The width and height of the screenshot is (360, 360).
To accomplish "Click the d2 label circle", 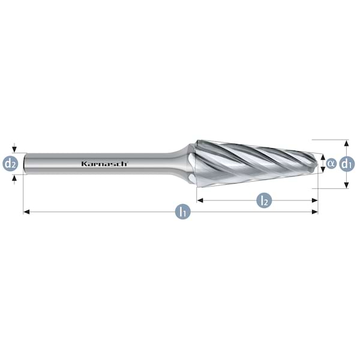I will click(x=10, y=163).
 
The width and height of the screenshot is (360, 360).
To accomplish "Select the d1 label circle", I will click(x=346, y=163).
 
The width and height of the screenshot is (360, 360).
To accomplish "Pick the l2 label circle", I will click(x=263, y=200).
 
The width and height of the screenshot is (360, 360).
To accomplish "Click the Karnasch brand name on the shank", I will click(x=103, y=163).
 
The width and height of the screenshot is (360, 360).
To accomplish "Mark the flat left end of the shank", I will click(x=24, y=163).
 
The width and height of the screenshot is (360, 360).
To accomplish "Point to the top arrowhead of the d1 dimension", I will click(x=346, y=143).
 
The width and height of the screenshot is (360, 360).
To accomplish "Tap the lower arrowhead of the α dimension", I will click(x=323, y=170).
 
